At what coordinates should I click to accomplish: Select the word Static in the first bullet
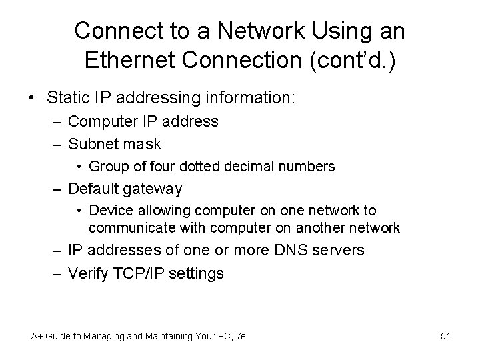[71, 98]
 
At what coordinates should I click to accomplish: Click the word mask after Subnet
[141, 143]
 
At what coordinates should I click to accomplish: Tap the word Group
[107, 166]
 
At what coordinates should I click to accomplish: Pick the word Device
[108, 211]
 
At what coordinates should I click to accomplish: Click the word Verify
[89, 273]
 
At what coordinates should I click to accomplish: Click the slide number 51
[445, 337]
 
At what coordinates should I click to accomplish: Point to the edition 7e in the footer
[239, 337]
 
